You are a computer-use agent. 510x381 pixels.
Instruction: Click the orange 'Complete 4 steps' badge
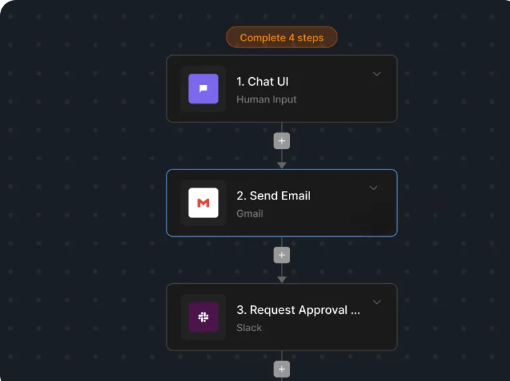(x=282, y=37)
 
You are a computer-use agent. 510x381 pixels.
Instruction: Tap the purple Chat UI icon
(x=203, y=88)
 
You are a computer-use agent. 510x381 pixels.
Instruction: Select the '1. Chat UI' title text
(x=262, y=81)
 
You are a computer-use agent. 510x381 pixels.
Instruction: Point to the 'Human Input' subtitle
(x=266, y=99)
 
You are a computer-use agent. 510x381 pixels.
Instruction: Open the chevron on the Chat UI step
(x=377, y=74)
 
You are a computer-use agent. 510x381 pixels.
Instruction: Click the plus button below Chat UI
(x=282, y=141)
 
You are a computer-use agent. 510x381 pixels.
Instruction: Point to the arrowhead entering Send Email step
(x=282, y=166)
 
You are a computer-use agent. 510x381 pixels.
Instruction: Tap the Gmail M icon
(x=203, y=203)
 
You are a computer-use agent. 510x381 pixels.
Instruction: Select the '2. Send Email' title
(x=274, y=195)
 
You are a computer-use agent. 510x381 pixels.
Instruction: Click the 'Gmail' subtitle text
(x=250, y=213)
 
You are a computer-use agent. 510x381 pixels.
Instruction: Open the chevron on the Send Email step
(x=373, y=188)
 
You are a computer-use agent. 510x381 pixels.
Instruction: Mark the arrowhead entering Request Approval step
(x=282, y=279)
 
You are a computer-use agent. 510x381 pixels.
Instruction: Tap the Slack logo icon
(x=203, y=317)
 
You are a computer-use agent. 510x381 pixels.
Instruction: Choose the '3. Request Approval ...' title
(x=298, y=310)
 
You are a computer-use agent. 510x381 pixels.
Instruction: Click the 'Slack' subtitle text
(x=249, y=328)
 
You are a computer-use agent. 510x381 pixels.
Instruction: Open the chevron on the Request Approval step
(x=377, y=302)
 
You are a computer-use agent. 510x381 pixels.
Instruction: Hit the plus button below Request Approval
(x=282, y=369)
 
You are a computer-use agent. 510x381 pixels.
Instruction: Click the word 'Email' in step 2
(x=296, y=195)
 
